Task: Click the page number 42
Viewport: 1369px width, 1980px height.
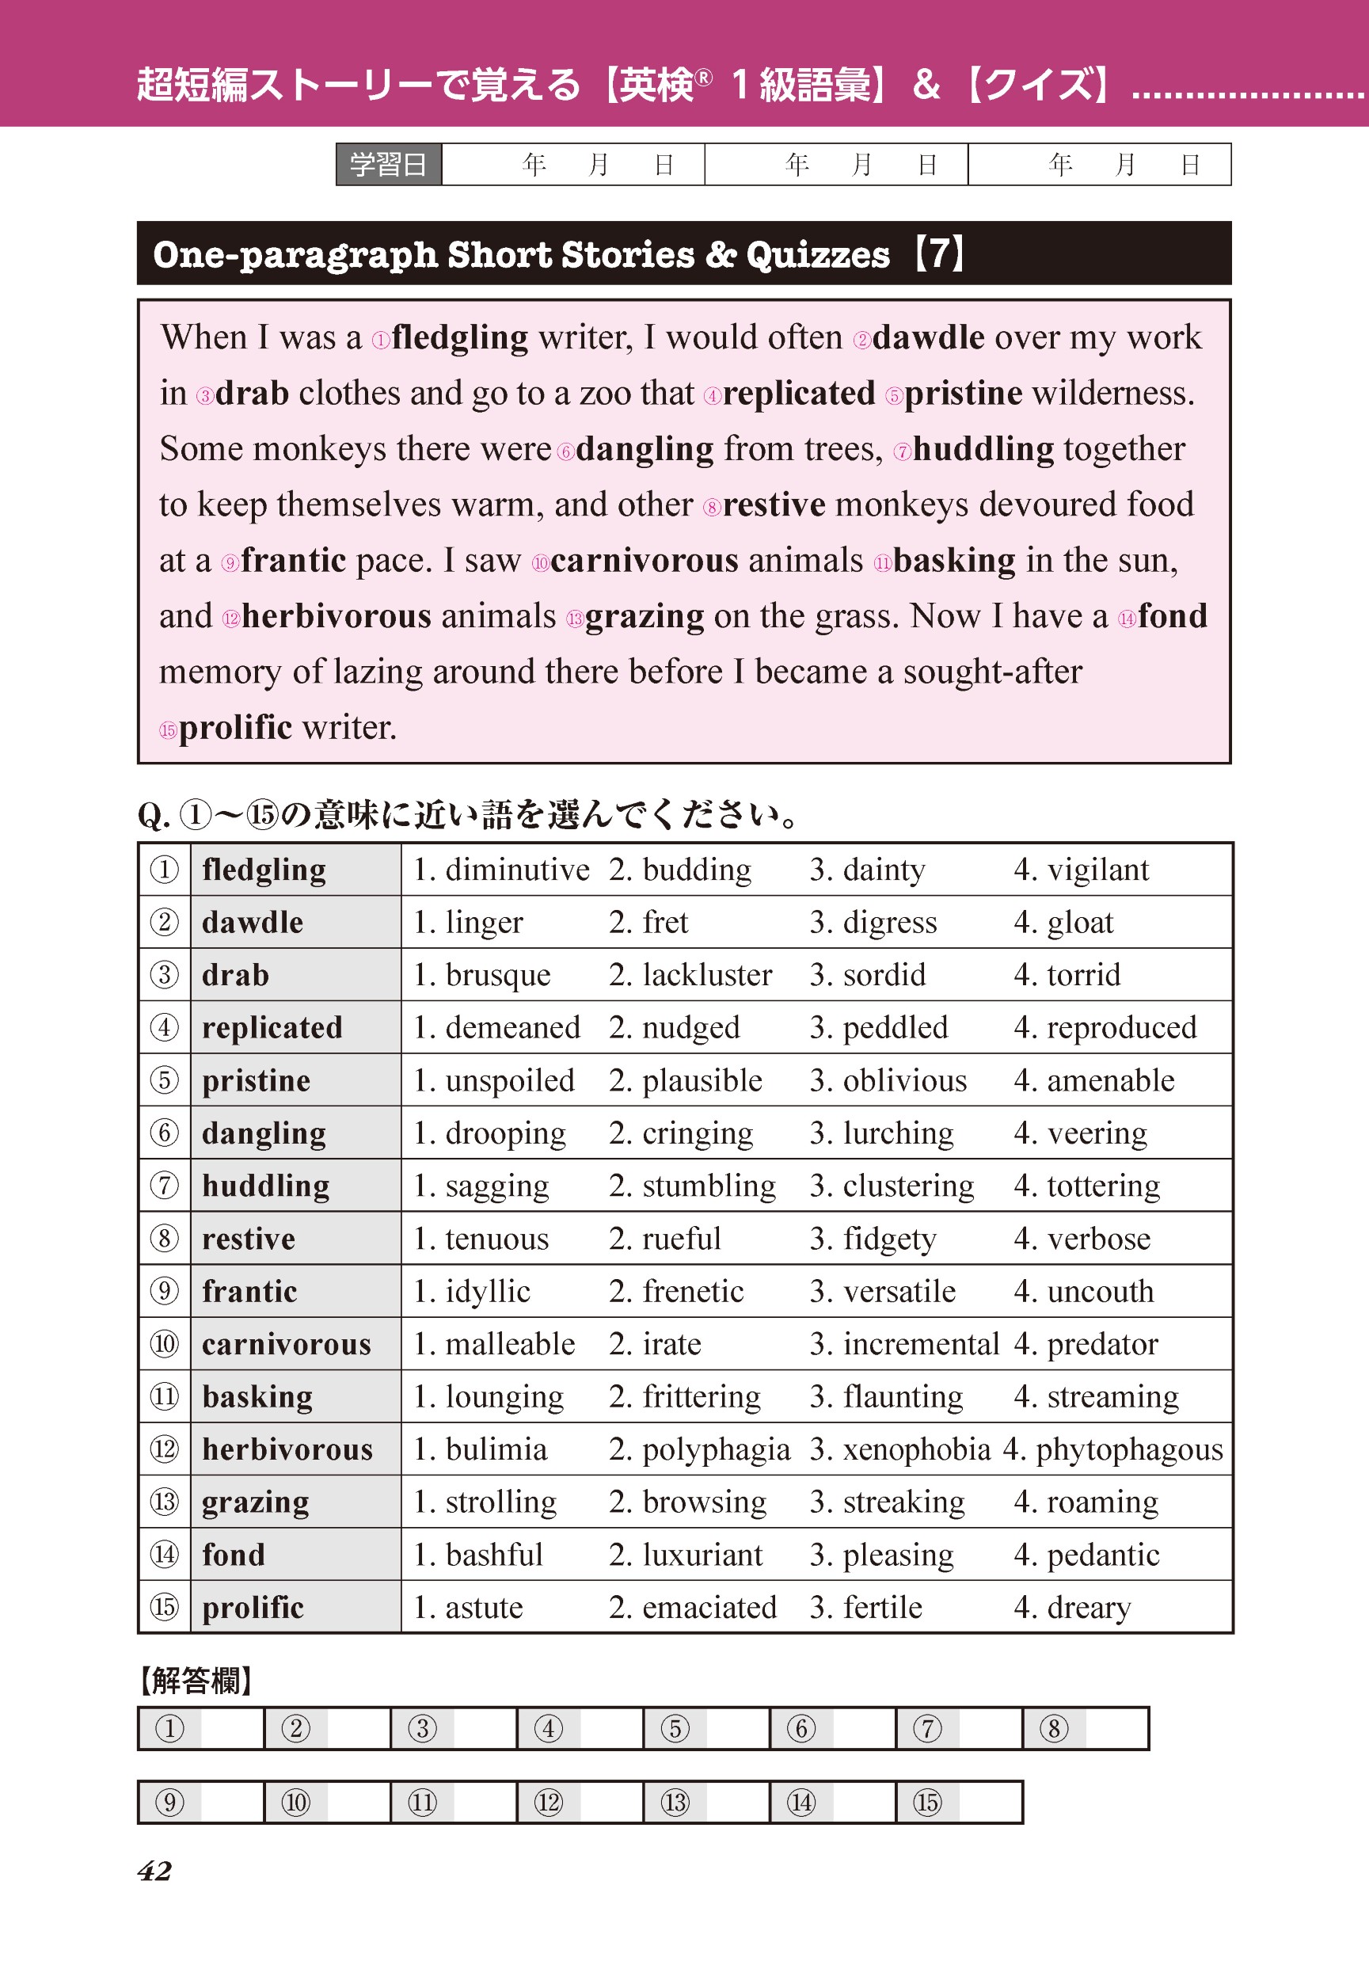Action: (154, 1870)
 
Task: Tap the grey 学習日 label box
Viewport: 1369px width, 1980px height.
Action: (388, 164)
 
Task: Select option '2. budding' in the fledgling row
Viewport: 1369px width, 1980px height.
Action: (680, 870)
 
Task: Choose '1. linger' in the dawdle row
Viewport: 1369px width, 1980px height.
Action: (469, 922)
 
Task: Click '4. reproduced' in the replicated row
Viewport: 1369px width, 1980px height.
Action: (1105, 1028)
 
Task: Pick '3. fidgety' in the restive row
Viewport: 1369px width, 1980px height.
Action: (873, 1239)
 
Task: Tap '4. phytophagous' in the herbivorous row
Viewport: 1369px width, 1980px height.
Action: (1113, 1450)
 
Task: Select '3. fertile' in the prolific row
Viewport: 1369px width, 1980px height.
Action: (865, 1608)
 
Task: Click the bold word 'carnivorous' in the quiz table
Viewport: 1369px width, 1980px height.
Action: (287, 1344)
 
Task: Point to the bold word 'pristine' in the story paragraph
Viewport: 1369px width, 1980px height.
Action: (964, 393)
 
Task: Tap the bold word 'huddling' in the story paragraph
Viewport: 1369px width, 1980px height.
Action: (983, 449)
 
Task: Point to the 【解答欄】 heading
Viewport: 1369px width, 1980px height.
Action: (196, 1680)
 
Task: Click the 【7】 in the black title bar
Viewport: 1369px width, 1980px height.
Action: (939, 254)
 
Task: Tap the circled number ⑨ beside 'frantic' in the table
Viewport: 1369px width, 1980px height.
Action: (164, 1291)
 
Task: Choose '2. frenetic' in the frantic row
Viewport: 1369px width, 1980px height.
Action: (676, 1292)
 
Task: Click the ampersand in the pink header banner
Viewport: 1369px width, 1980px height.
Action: (926, 85)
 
